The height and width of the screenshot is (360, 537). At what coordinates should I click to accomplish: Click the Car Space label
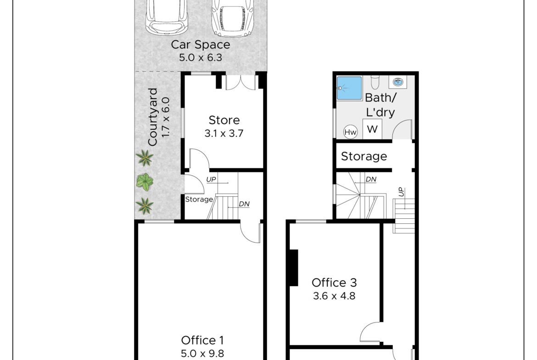point(201,44)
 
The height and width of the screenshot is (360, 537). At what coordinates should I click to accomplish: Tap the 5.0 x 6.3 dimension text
point(201,57)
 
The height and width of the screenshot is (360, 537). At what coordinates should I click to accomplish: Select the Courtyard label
point(152,117)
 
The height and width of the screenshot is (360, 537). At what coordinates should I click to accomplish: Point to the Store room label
point(224,120)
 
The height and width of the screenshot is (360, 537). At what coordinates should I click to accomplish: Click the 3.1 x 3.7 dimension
point(224,133)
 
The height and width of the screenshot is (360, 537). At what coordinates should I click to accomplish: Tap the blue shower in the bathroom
point(349,89)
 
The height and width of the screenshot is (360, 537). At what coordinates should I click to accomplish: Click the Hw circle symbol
point(350,132)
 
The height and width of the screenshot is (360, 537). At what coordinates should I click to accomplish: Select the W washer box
point(372,129)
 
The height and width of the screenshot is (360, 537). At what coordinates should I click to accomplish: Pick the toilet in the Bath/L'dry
point(376,82)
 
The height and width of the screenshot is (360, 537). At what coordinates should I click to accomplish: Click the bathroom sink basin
point(398,82)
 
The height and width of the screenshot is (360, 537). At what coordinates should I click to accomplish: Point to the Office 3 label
point(334,282)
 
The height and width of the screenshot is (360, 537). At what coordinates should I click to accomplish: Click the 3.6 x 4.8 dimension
point(334,296)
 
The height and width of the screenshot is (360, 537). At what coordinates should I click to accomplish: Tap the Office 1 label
point(202,340)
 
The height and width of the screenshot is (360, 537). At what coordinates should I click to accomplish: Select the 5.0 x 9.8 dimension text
point(202,353)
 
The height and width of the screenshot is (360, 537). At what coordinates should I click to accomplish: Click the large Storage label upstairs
point(364,156)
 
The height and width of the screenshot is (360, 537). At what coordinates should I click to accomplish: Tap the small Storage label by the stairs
point(199,199)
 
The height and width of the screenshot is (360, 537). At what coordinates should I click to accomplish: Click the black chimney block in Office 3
point(293,268)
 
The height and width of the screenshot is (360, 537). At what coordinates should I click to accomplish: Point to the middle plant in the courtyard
point(145,182)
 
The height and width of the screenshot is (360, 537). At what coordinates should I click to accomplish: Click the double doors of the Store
point(241,83)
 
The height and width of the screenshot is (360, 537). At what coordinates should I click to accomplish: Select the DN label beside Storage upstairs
point(371,179)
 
